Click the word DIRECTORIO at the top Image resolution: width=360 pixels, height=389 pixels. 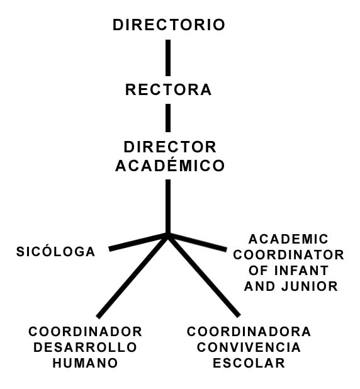169,25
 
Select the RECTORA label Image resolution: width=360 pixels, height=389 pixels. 169,89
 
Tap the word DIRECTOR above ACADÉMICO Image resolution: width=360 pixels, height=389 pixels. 170,147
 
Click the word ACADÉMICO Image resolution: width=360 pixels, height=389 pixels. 170,164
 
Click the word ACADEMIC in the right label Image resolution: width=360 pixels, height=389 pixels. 288,239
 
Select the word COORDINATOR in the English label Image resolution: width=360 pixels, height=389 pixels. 288,255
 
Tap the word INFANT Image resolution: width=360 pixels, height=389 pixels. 301,271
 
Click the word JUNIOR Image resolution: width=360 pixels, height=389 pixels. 310,286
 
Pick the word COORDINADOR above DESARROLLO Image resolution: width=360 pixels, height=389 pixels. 86,332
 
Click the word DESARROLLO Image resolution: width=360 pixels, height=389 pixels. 85,347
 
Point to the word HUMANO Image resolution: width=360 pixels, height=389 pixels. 85,363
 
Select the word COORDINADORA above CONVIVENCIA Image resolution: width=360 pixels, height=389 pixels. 249,332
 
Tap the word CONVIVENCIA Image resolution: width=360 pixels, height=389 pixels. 249,347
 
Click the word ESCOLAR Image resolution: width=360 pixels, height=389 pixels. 249,363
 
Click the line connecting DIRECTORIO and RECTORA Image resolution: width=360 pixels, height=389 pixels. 168,58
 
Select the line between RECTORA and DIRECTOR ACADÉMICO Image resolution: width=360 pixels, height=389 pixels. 168,118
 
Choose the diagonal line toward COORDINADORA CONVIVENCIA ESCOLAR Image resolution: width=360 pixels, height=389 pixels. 204,276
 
